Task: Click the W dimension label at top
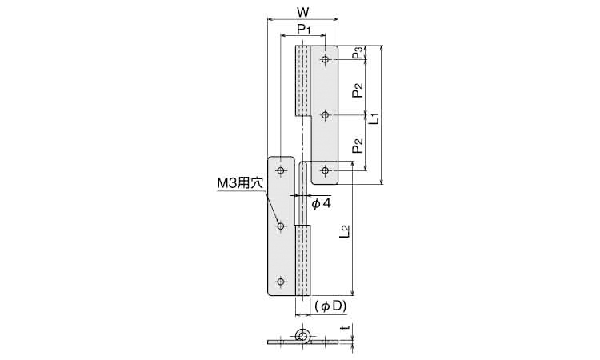click(302, 12)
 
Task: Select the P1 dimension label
click(304, 29)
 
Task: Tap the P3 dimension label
click(358, 53)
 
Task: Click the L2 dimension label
click(345, 232)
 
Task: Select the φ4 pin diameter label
click(321, 203)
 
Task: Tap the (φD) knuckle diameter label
click(330, 306)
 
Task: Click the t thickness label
click(346, 328)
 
